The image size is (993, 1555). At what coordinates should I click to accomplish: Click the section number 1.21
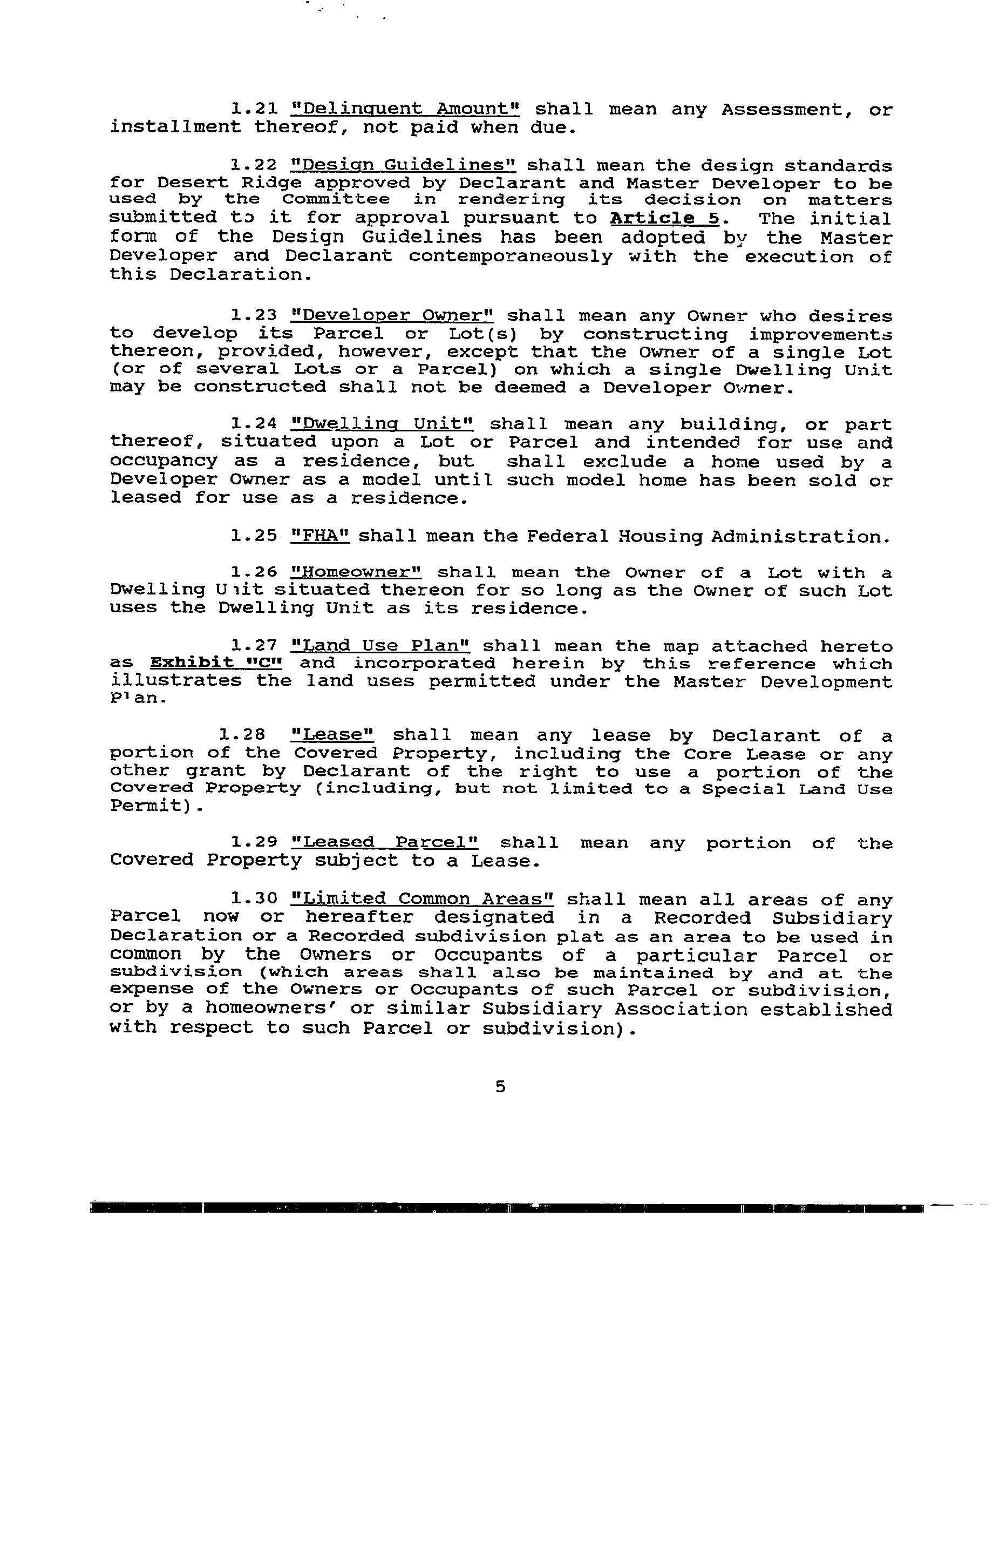click(x=254, y=109)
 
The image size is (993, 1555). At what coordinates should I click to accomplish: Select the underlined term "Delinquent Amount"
click(x=405, y=109)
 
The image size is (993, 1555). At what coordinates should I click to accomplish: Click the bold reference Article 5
click(x=664, y=219)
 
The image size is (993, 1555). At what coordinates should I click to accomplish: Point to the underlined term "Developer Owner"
click(x=392, y=316)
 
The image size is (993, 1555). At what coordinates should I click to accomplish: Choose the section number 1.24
click(x=254, y=424)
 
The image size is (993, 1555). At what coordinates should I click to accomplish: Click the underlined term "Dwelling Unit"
click(x=382, y=424)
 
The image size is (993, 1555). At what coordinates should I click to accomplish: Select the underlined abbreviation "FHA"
click(x=320, y=536)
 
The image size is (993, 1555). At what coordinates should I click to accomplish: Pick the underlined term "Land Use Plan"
click(x=381, y=646)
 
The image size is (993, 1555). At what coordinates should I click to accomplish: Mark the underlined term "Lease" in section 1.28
click(x=333, y=735)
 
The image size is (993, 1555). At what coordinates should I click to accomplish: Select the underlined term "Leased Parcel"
click(x=385, y=843)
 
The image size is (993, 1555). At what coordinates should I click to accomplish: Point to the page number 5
click(x=500, y=1087)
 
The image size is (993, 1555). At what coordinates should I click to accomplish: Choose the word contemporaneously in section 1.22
click(x=511, y=256)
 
